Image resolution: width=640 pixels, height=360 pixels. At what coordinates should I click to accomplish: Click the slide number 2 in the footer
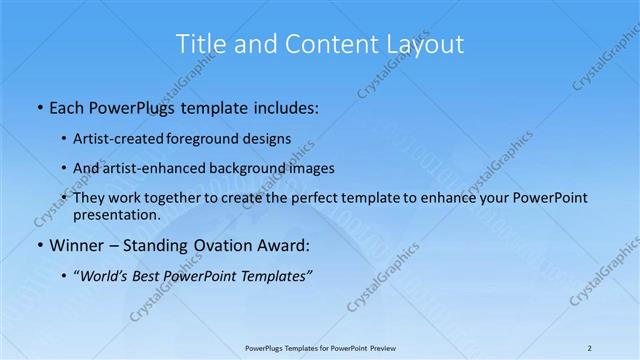[590, 348]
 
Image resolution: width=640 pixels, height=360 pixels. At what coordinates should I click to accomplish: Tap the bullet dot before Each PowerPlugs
[38, 106]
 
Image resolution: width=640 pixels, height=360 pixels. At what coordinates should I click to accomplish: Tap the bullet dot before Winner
[38, 246]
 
